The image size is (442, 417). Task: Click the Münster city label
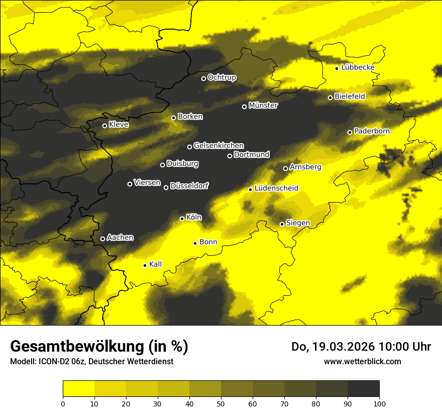coord(263,106)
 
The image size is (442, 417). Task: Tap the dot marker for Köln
coord(182,219)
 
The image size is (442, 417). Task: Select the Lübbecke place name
coord(358,67)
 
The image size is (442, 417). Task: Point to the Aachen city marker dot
coord(103,239)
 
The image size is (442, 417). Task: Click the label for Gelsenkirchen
coord(218,146)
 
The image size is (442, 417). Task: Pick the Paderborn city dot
coord(350,132)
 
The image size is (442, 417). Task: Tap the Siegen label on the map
coord(298,223)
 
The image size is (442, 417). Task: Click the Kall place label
coord(155,264)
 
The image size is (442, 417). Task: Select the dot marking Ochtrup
coord(204,78)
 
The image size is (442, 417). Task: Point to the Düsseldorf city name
coord(189,186)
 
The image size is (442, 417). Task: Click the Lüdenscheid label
coord(276,188)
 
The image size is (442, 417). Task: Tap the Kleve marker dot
coord(105,126)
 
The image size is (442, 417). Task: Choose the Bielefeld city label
coord(350,96)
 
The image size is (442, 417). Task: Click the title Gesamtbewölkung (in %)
coord(99,346)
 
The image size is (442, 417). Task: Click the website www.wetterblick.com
coord(362,361)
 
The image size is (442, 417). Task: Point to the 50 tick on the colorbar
coord(221,403)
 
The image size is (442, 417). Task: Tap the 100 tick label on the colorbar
coord(379,403)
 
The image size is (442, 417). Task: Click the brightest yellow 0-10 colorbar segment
coord(79,388)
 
